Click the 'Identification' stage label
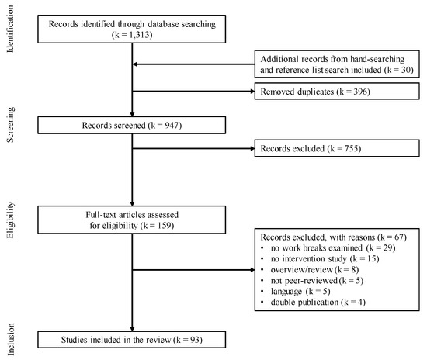tap(10, 29)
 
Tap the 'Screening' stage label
tap(10, 126)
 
